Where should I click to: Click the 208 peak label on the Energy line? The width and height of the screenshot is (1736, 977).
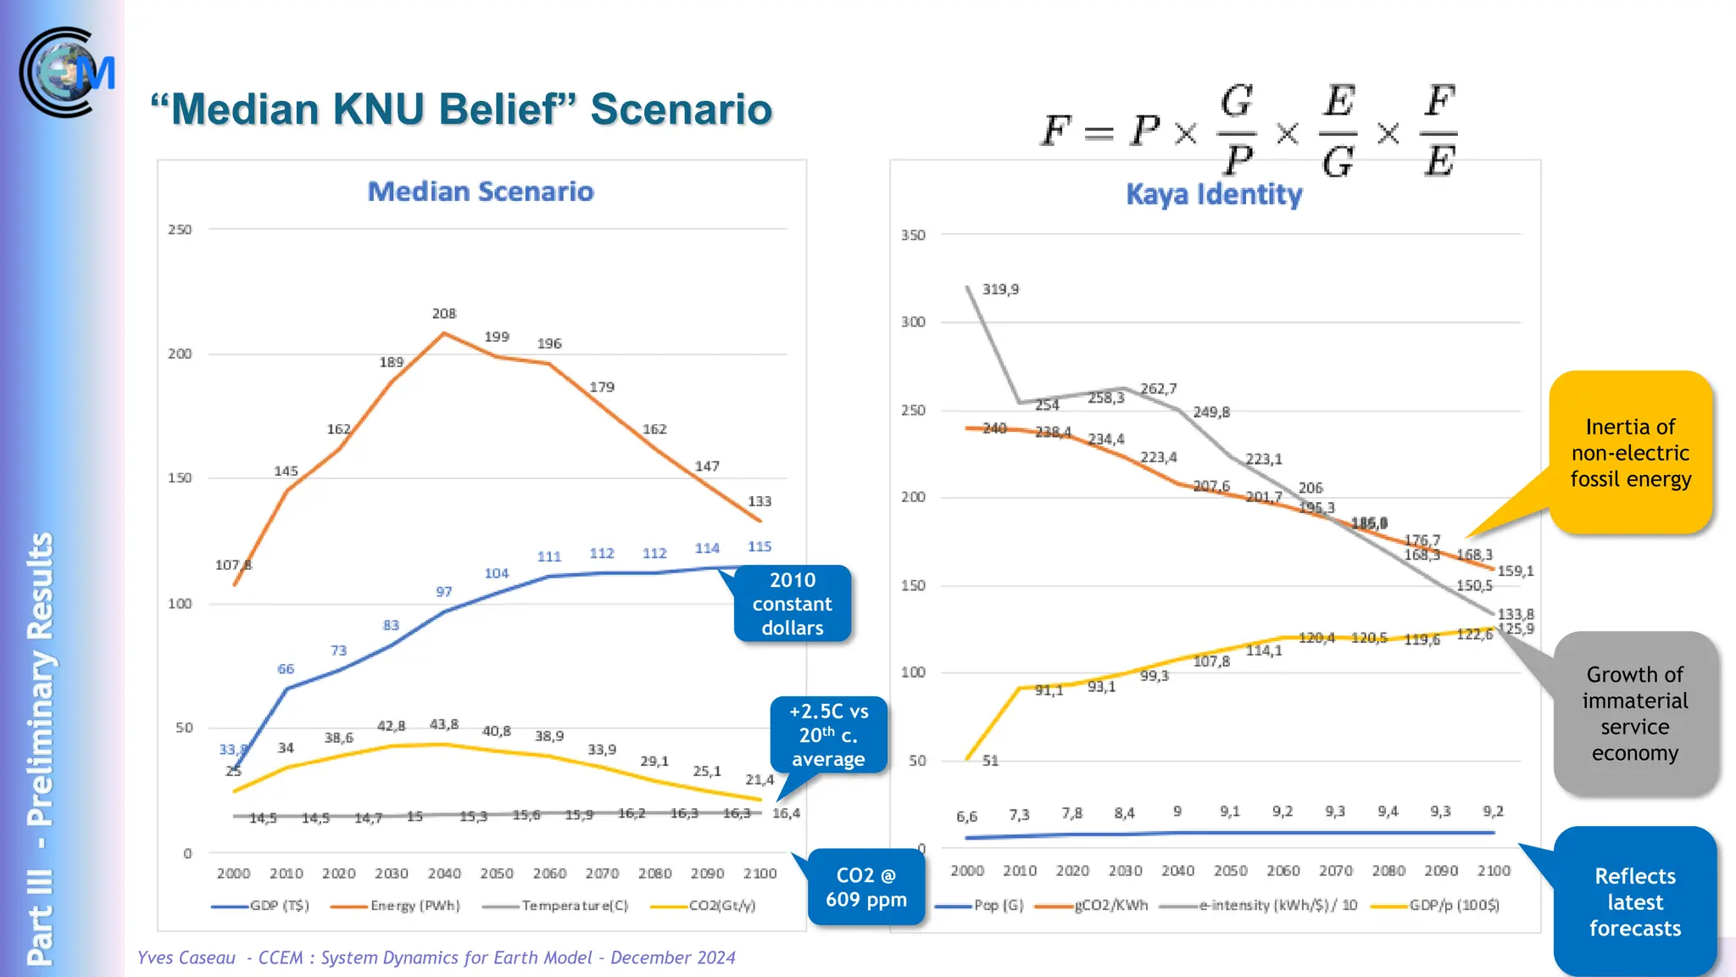[443, 314]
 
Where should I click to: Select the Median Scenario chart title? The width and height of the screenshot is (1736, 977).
[481, 192]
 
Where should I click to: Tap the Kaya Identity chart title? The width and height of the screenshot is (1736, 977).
[1214, 194]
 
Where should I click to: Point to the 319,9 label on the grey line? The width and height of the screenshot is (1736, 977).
[1000, 289]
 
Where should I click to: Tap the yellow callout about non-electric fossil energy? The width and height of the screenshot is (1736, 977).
[1630, 453]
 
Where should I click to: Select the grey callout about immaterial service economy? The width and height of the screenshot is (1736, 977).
[1634, 713]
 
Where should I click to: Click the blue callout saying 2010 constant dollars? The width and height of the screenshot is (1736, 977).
[792, 604]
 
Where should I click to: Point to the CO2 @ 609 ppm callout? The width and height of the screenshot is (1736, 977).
[865, 887]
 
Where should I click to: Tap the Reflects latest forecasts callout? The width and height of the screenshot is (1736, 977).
[1634, 902]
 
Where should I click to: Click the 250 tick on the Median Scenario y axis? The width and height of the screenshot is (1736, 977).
[180, 230]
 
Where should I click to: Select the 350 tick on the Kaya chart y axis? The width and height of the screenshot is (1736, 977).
[913, 235]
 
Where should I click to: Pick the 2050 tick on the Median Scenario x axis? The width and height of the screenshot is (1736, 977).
[497, 874]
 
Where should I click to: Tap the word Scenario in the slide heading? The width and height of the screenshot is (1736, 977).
[681, 109]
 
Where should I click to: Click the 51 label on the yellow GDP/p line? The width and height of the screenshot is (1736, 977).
[990, 761]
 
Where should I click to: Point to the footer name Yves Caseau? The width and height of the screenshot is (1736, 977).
[186, 957]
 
